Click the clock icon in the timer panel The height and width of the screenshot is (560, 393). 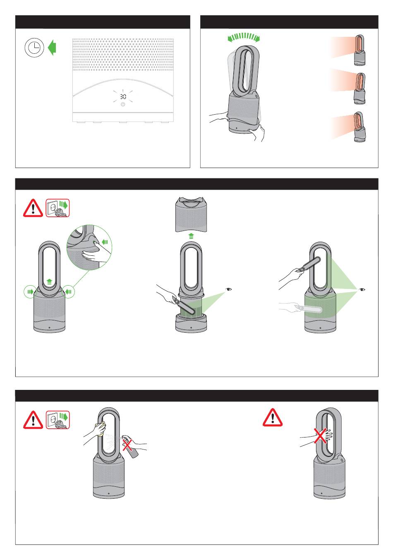34,48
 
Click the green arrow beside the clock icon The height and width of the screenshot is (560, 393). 52,48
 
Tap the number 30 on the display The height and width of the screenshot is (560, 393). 123,96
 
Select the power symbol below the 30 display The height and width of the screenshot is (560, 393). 123,104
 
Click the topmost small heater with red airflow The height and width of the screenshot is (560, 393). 359,50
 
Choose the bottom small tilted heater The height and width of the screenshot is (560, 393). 359,127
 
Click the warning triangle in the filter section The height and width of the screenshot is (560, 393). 33,208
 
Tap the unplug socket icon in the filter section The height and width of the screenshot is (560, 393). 58,208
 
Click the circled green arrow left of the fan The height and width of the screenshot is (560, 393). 30,291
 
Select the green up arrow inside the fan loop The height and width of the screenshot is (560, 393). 49,282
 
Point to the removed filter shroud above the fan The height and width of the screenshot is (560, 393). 191,214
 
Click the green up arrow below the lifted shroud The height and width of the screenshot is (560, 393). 191,236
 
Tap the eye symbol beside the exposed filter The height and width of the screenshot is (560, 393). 228,289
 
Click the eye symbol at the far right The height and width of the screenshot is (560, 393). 362,289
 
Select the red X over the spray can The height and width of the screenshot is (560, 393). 127,445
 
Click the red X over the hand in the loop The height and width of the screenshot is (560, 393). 321,436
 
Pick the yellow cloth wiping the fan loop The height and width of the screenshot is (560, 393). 101,429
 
